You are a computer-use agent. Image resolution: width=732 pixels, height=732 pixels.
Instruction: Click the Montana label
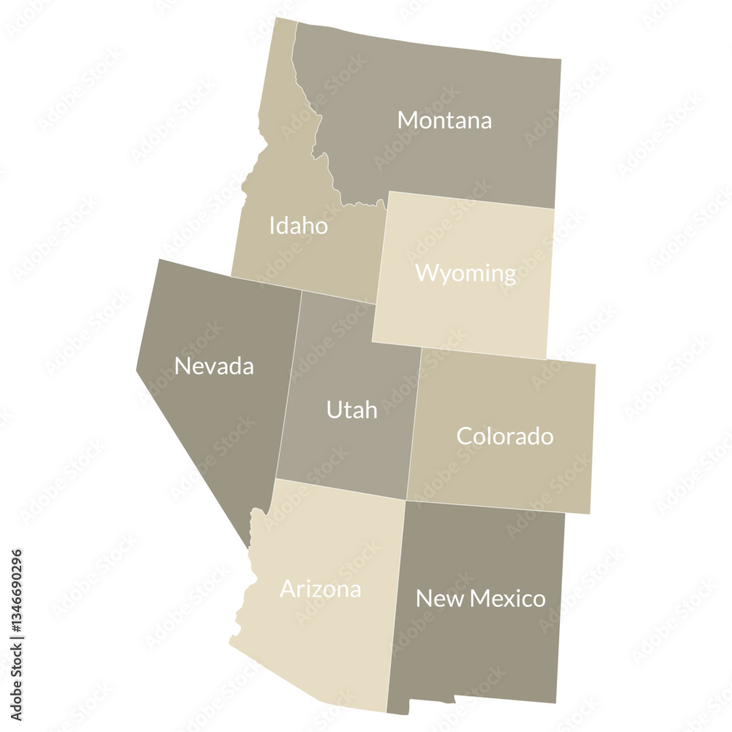point(444,120)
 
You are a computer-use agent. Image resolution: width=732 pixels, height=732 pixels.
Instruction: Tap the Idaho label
point(298,225)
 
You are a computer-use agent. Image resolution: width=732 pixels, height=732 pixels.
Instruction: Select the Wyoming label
point(466,273)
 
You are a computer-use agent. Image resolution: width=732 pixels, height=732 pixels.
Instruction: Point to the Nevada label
point(214,365)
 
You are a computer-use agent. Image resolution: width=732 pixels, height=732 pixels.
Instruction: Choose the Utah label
point(351,409)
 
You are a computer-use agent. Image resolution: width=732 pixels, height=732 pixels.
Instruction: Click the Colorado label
point(504,436)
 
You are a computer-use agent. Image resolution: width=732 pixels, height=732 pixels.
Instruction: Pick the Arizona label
point(320,589)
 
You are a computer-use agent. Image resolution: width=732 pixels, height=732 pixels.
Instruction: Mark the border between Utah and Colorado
point(414,425)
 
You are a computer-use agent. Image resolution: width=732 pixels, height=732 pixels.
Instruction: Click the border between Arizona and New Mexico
point(396,608)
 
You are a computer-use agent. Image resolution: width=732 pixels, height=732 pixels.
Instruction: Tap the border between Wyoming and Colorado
point(483,354)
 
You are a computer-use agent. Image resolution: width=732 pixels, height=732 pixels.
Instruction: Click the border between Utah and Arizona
point(340,489)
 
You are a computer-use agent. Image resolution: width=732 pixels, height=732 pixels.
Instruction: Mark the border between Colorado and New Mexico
point(487,507)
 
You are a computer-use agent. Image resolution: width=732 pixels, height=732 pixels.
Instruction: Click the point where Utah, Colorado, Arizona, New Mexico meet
point(406,501)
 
